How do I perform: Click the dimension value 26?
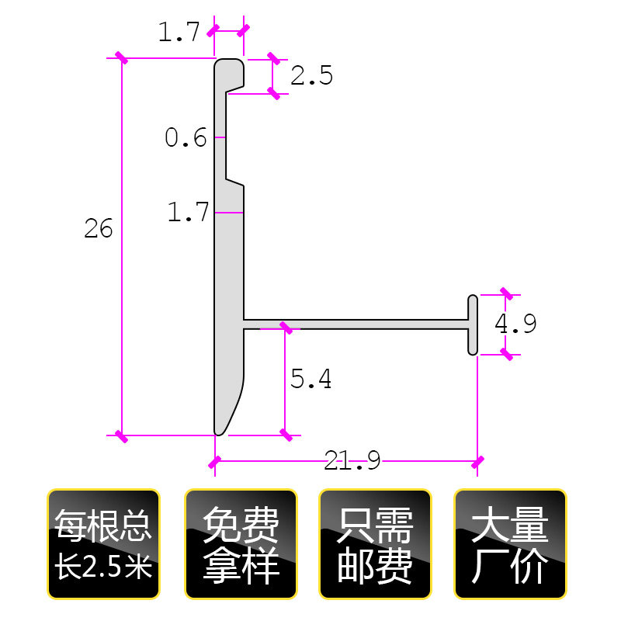(99, 229)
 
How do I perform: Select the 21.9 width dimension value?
(352, 463)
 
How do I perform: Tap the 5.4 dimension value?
(310, 379)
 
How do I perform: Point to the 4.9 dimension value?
(516, 324)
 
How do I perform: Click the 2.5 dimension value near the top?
(311, 76)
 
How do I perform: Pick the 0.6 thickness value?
(186, 138)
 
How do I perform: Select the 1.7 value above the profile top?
(179, 33)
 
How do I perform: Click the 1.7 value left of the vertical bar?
(189, 213)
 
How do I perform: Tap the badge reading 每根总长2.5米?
(103, 544)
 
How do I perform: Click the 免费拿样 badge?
(241, 544)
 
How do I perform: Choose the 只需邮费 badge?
(376, 544)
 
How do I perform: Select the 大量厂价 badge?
(510, 544)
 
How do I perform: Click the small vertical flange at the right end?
(473, 324)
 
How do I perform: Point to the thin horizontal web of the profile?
(357, 323)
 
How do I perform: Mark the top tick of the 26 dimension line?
(121, 58)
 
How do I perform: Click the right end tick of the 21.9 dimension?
(477, 463)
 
